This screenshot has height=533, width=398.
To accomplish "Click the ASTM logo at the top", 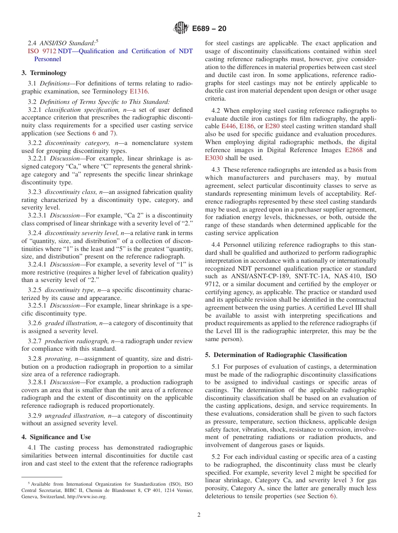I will pyautogui.click(x=181, y=28).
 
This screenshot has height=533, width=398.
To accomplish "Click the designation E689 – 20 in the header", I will pyautogui.click(x=209, y=28).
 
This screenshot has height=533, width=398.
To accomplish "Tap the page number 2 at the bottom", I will pyautogui.click(x=199, y=515).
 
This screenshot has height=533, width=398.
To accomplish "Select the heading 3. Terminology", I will pyautogui.click(x=44, y=73).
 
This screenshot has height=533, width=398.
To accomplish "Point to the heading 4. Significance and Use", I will pyautogui.click(x=56, y=437).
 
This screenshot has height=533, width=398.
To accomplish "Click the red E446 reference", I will pyautogui.click(x=229, y=126).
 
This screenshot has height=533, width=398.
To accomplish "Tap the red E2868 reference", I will pyautogui.click(x=354, y=150).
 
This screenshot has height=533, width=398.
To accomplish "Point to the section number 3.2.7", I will pyautogui.click(x=35, y=341).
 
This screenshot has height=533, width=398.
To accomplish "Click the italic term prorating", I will pyautogui.click(x=58, y=359).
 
